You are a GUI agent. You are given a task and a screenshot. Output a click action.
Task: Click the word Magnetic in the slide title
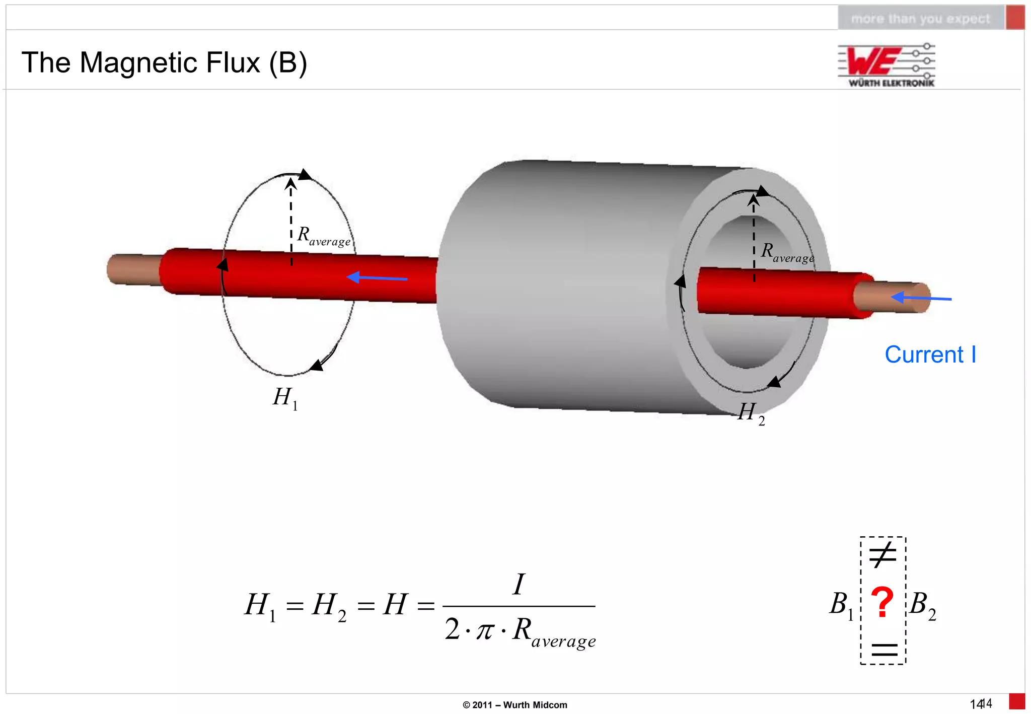170,63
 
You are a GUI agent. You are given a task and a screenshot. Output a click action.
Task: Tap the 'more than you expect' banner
920,19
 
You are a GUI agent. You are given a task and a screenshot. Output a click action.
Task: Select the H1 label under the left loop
285,398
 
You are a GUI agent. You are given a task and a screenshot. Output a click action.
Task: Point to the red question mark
882,603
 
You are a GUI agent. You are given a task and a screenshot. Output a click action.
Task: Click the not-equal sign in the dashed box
883,555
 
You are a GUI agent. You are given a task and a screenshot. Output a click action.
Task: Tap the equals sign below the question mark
884,650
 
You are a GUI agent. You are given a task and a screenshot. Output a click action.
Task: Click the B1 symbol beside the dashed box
841,605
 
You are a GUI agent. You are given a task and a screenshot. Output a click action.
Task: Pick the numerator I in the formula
519,584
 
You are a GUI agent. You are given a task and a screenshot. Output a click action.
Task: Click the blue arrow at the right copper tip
921,298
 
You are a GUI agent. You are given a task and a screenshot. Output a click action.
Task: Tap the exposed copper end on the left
132,269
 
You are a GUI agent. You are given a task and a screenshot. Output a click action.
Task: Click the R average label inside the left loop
323,236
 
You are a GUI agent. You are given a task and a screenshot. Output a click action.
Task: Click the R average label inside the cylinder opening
787,252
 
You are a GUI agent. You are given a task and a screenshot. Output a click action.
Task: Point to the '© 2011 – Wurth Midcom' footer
514,705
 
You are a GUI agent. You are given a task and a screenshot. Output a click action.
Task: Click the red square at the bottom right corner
1017,702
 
